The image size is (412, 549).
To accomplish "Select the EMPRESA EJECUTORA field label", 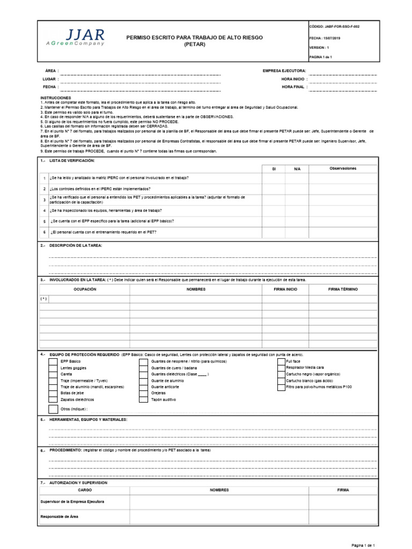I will click(x=284, y=71).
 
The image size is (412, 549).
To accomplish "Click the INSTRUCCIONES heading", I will click(x=55, y=98).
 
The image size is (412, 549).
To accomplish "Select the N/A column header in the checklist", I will click(x=297, y=169).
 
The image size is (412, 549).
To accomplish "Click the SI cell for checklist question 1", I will click(x=274, y=178).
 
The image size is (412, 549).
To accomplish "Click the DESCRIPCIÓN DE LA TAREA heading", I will click(x=75, y=245).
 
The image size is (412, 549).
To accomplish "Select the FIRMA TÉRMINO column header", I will click(x=343, y=289).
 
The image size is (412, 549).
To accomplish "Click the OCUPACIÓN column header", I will click(x=84, y=289).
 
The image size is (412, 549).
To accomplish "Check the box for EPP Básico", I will click(x=53, y=361).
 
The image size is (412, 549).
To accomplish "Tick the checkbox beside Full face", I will click(x=281, y=361).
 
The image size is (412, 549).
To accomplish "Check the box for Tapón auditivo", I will click(x=143, y=400).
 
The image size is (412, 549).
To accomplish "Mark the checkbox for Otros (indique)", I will click(x=53, y=409).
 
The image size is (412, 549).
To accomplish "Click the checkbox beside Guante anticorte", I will click(x=143, y=387).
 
